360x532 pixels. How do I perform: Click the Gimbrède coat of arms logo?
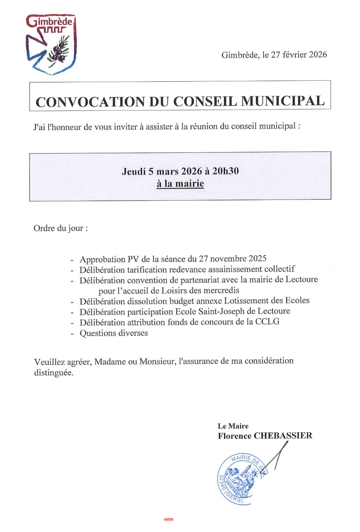click(51, 45)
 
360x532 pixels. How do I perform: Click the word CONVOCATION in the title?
click(90, 102)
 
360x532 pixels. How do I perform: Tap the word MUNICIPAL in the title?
click(283, 101)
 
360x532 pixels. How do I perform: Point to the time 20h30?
click(226, 171)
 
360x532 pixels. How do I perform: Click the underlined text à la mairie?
click(180, 183)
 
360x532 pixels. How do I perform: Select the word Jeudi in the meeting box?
click(133, 171)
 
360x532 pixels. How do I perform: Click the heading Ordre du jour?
click(60, 228)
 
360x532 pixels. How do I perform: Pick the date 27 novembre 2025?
click(233, 259)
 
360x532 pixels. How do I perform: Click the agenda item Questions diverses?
click(113, 333)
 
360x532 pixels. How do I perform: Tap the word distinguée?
click(54, 373)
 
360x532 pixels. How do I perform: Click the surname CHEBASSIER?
click(283, 436)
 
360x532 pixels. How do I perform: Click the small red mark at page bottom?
click(168, 519)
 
